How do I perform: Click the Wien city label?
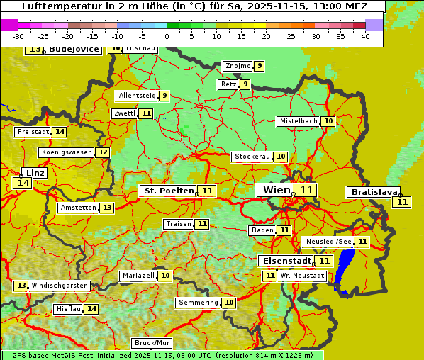(x=277, y=190)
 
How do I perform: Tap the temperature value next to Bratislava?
(x=403, y=202)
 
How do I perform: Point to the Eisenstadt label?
(x=284, y=261)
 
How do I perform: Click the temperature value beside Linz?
(x=23, y=183)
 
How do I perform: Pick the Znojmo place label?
(x=238, y=66)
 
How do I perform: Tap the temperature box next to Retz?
(x=245, y=84)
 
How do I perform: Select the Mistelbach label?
(x=298, y=121)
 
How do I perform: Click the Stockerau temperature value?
(x=281, y=157)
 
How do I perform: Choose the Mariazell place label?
(x=138, y=276)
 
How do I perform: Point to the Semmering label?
(x=199, y=303)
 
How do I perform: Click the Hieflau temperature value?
(x=91, y=309)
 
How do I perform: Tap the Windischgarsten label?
(x=60, y=286)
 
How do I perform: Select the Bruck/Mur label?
(x=152, y=343)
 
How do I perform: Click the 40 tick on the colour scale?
(x=365, y=36)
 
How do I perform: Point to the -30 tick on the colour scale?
(x=18, y=36)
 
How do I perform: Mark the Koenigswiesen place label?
(x=67, y=152)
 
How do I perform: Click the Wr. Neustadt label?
(x=302, y=275)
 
